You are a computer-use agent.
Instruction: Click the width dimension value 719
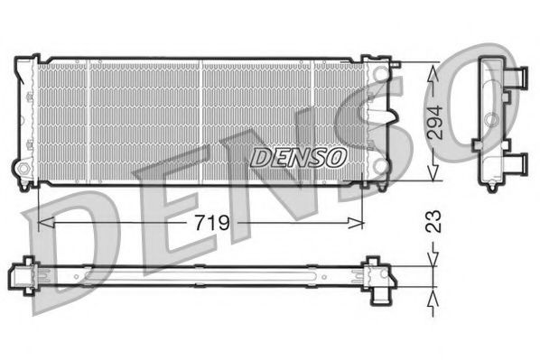(209, 222)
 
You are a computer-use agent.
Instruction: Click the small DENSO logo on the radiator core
(298, 157)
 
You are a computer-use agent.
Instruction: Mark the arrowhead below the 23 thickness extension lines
(434, 298)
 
